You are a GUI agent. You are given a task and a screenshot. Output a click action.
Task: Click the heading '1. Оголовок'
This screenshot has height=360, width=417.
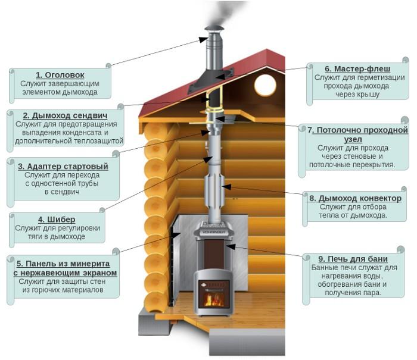[60, 75]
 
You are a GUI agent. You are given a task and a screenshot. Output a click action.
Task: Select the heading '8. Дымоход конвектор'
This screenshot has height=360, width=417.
[354, 198]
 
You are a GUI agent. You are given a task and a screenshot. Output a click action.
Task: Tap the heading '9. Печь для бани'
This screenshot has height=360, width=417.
[352, 259]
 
